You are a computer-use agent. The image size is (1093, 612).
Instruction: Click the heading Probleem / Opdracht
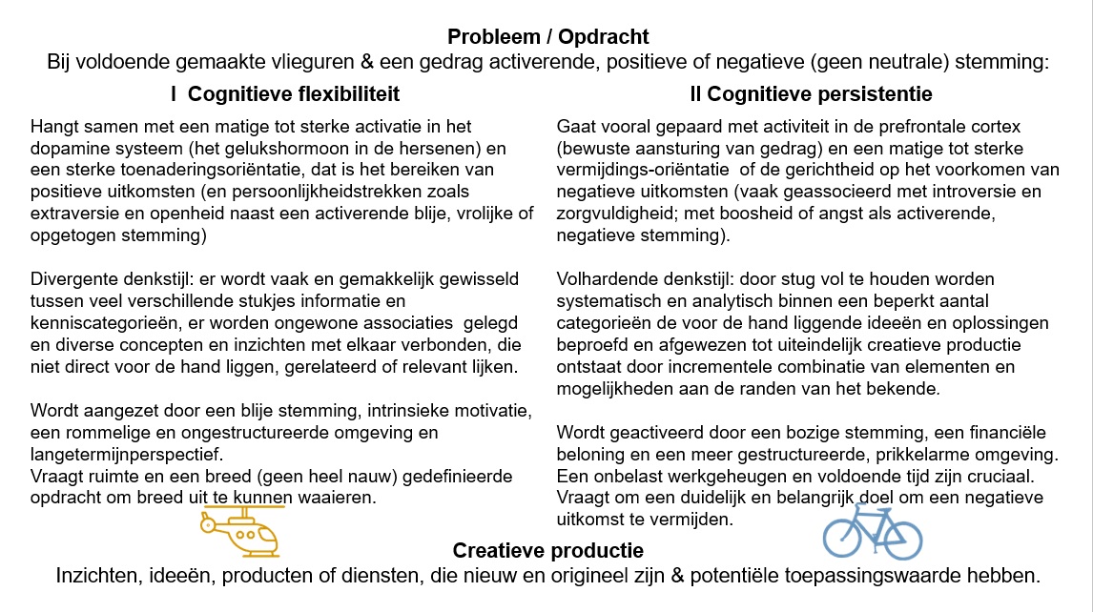pos(547,37)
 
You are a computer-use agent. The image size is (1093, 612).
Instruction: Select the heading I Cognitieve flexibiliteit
pos(284,94)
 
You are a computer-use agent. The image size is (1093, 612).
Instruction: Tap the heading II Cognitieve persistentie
pos(811,94)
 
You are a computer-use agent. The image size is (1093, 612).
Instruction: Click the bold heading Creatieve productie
pos(547,551)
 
